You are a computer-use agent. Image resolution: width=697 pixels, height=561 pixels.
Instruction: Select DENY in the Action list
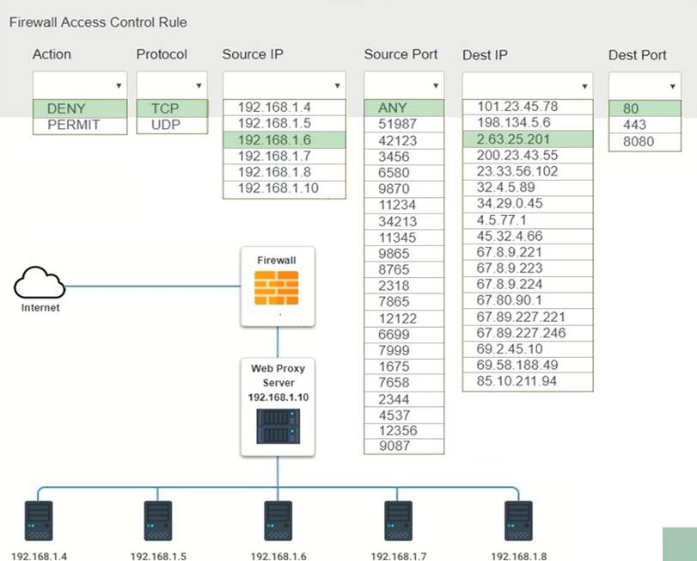coord(66,108)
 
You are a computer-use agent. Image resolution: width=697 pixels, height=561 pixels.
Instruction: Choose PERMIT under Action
coord(74,125)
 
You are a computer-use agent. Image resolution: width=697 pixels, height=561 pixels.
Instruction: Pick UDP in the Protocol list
coord(165,125)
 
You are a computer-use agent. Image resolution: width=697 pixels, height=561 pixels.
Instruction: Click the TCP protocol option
coord(165,108)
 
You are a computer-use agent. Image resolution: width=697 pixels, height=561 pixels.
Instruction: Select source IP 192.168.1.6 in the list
coord(272,140)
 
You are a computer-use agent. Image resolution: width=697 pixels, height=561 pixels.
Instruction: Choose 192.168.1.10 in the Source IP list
coord(276,188)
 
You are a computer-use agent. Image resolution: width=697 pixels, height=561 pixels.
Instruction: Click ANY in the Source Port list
coord(393,108)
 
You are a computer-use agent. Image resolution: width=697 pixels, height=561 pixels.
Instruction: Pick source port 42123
coord(398,140)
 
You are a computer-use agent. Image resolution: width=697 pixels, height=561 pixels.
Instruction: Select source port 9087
coord(394,446)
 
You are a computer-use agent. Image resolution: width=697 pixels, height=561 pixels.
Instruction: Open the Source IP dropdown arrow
coord(337,86)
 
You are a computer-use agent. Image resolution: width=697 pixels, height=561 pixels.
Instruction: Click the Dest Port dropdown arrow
coord(672,86)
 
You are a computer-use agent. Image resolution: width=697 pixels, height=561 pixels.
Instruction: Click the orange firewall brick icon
coord(277,289)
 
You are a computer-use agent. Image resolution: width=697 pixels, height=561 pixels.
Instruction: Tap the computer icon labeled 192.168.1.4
coord(39,521)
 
